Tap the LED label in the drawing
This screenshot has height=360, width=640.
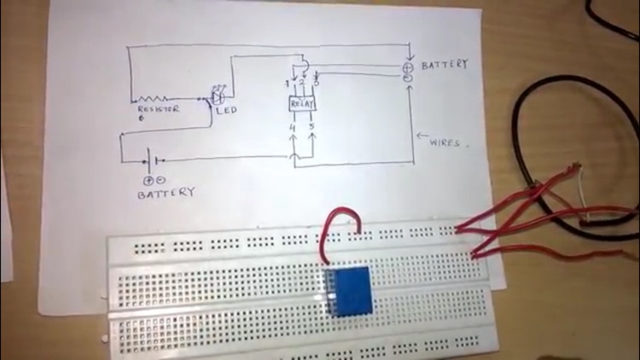227,110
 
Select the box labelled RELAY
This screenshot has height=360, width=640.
303,104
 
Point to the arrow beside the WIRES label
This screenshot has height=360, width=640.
422,136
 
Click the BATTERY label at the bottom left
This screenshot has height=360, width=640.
166,194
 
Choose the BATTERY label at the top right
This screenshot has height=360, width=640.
445,64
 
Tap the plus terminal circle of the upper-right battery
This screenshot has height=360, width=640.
408,67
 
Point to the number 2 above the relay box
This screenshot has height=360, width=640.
301,82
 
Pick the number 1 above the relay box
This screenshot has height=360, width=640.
287,83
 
